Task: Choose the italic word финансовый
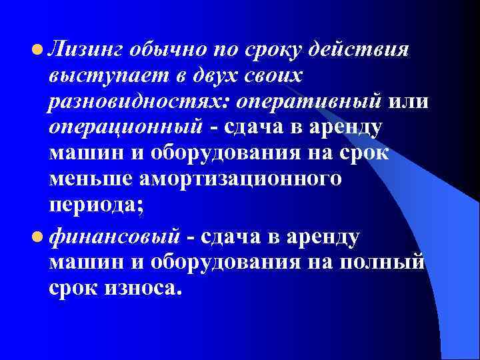click(114, 236)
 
